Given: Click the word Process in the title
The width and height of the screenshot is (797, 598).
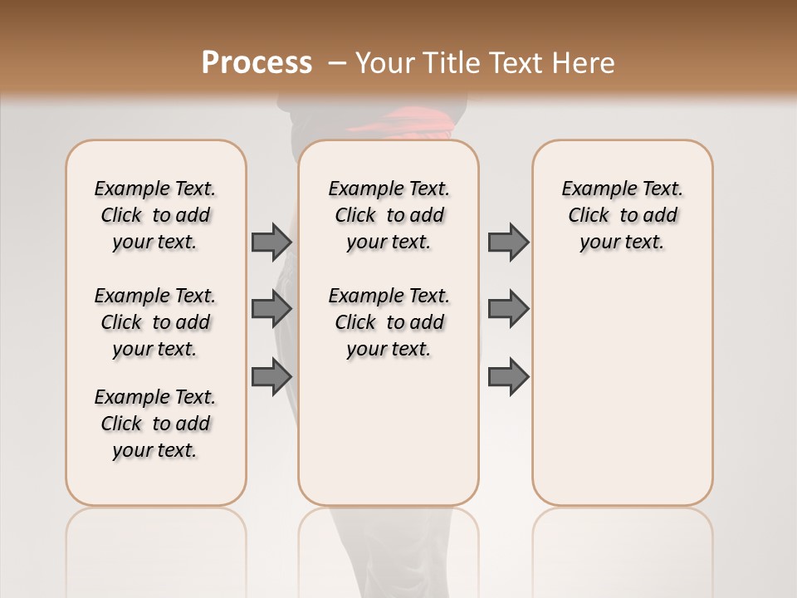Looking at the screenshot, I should (257, 63).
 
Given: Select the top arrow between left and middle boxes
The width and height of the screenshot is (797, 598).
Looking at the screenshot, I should (271, 242).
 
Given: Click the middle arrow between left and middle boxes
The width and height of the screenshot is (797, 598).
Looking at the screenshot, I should (271, 309).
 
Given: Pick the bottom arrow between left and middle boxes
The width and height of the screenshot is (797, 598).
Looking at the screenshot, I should (271, 376).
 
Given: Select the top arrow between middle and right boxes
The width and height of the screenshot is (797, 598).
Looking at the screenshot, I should (508, 242).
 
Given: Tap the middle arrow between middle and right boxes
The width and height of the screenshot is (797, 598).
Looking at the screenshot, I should (508, 309).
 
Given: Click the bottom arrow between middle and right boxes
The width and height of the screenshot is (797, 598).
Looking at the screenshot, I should (508, 376).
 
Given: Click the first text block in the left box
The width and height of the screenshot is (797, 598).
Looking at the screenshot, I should (155, 215).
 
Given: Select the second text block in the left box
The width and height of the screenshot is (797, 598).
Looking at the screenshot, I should (155, 322).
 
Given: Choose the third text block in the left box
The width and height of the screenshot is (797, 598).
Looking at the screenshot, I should (155, 424).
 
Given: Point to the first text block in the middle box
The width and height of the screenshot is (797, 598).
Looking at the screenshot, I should (389, 215).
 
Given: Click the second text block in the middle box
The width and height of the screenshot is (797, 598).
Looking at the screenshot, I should (389, 322).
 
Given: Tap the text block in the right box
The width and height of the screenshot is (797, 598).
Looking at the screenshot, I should (623, 215).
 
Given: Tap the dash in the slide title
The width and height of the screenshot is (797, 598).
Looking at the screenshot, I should (337, 63).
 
